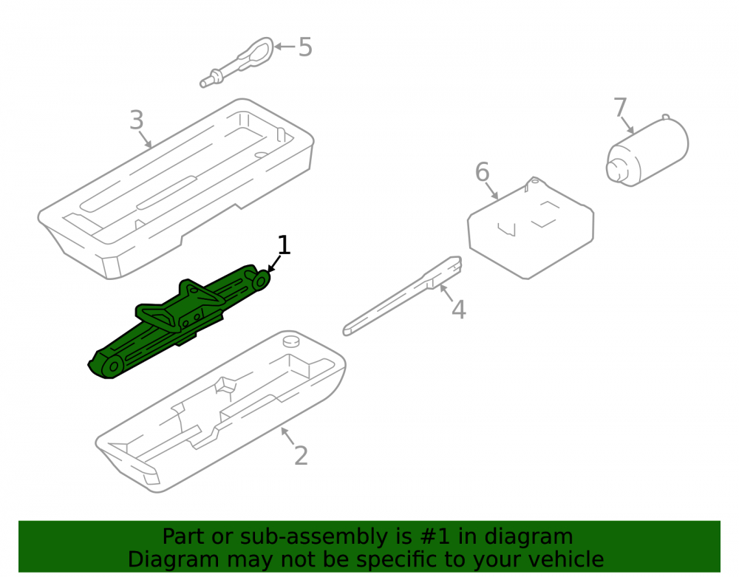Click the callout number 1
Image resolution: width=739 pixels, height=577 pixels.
coord(283,245)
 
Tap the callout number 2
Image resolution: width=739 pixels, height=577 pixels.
coord(301,456)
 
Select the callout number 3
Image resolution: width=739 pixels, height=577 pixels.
coord(136,120)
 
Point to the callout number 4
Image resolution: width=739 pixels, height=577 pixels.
coord(459,310)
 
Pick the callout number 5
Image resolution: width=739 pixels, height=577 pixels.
coord(305,47)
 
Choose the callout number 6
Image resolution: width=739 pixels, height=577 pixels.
coord(482,172)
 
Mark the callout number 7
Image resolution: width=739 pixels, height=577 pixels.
coord(620,107)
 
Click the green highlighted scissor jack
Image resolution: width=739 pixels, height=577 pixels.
coord(179,321)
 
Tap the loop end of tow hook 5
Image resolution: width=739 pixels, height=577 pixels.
coord(257,50)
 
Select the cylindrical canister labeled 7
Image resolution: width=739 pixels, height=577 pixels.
coord(647,151)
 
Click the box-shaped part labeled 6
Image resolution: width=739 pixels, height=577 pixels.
coord(531,228)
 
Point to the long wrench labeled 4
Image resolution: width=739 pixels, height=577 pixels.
coord(402,296)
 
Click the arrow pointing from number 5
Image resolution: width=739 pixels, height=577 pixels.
coord(285,46)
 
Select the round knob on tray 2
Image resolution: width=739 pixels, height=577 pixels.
coord(290,341)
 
